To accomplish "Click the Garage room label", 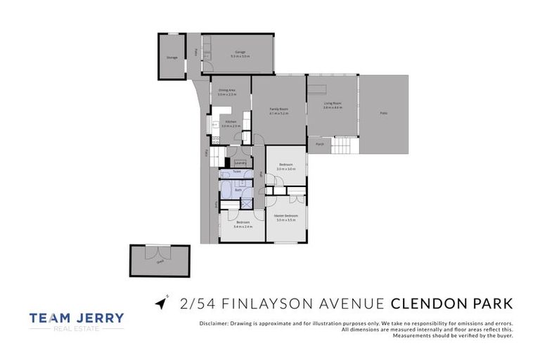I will [240, 52].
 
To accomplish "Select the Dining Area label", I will [226, 90].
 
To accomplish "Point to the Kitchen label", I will [231, 122].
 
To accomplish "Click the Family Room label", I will [279, 109].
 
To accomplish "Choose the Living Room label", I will [332, 103].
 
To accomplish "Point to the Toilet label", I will [237, 172].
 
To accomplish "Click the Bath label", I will [238, 189].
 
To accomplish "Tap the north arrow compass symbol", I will [162, 302].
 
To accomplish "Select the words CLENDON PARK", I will [451, 304].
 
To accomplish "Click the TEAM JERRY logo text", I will [77, 319].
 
